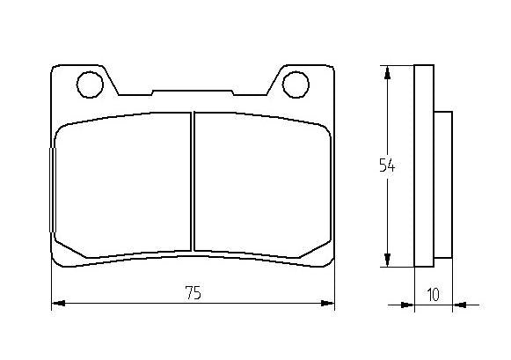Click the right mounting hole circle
tap(296, 84)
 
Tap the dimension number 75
tap(193, 294)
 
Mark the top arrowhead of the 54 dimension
tap(386, 73)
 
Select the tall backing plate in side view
tap(424, 165)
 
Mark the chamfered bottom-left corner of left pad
tap(69, 247)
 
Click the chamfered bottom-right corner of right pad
tap(317, 247)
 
